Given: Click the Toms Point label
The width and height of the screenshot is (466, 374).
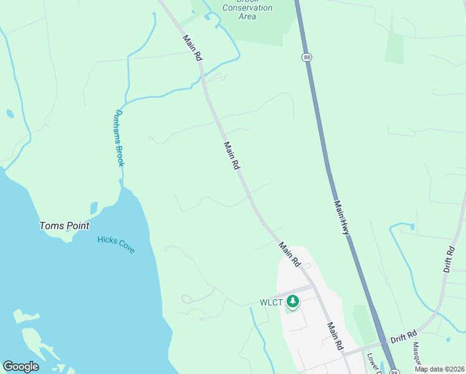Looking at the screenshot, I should coord(65,226).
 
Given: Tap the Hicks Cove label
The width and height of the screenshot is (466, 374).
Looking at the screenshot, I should coord(117,244).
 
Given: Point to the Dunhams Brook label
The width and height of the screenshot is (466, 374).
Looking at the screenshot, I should coord(120,138).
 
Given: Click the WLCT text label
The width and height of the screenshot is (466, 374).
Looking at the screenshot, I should coord(272,303).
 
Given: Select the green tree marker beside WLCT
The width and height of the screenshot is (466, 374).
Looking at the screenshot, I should coord(293,302).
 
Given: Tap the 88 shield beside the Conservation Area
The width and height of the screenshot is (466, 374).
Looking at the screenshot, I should coord(307,57).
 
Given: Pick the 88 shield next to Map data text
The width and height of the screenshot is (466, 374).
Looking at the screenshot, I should coord(394,372).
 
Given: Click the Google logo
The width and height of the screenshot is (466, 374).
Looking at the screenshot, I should coord(21,367).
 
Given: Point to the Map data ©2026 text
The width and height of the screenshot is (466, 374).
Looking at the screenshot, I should coord(440,369).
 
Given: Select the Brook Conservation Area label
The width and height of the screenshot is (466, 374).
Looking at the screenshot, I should coord(247,9).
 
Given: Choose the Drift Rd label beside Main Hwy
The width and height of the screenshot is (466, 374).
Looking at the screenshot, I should coord(403,338).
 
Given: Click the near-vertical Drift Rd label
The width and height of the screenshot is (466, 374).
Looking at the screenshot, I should coord(450,257).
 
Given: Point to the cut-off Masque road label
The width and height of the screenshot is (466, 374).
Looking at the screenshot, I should coord(417,355).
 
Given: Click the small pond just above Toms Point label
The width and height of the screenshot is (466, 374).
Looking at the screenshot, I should coord(94,208).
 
